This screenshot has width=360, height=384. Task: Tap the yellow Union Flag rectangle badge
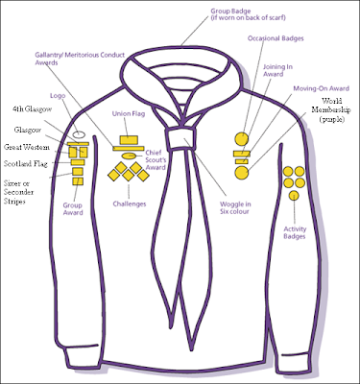(x=127, y=149)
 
